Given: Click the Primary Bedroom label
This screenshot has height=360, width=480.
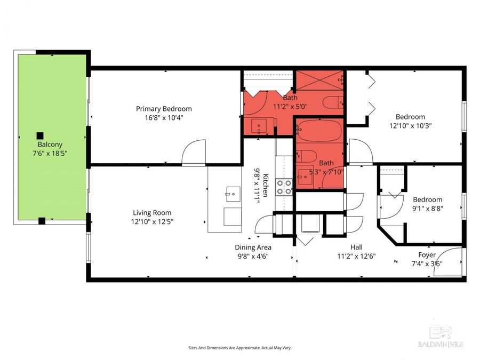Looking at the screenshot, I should tap(163, 109).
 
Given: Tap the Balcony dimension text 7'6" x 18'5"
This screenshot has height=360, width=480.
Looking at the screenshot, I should tap(49, 153).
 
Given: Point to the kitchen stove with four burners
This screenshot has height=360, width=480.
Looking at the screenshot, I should tap(283, 186).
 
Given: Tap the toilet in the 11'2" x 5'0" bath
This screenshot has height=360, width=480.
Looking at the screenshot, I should tap(332, 102).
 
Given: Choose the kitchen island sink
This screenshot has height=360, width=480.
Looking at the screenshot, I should tap(232, 193).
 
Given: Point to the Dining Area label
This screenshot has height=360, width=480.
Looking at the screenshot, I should tap(253, 247).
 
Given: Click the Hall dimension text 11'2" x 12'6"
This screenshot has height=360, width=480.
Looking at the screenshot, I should tap(356, 255).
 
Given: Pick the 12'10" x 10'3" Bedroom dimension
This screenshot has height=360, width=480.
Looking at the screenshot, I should tap(410, 126).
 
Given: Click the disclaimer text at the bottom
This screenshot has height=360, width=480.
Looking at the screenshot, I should tap(239, 348).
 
